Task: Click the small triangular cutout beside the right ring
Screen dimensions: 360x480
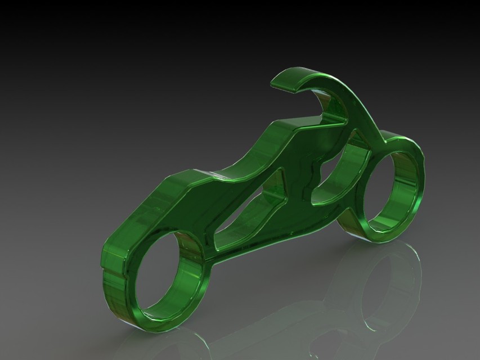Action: click(360, 138)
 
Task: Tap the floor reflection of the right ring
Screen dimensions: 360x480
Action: click(388, 281)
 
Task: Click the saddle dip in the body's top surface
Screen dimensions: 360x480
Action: click(236, 163)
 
